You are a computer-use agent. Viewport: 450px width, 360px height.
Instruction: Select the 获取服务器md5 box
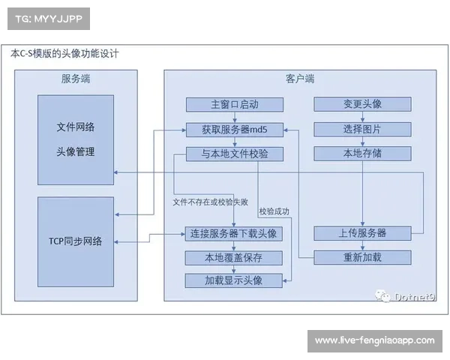pyautogui.click(x=234, y=129)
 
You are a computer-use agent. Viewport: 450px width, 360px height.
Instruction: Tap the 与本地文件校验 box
pyautogui.click(x=234, y=154)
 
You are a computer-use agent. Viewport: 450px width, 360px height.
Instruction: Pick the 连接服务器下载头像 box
pyautogui.click(x=234, y=233)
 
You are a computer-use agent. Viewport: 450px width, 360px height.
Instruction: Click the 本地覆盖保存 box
pyautogui.click(x=234, y=257)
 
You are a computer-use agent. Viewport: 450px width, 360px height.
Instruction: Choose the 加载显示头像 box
pyautogui.click(x=234, y=280)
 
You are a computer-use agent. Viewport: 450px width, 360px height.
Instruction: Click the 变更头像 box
pyautogui.click(x=362, y=104)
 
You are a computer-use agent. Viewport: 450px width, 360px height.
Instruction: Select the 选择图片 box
pyautogui.click(x=362, y=129)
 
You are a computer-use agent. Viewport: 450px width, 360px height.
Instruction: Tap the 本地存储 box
pyautogui.click(x=362, y=154)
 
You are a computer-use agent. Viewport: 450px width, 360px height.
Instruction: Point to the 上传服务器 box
pyautogui.click(x=362, y=233)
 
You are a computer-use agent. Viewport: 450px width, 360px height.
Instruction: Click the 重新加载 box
pyautogui.click(x=362, y=257)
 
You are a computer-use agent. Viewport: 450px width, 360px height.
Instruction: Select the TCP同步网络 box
pyautogui.click(x=76, y=241)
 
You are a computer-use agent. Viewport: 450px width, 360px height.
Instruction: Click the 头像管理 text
pyautogui.click(x=76, y=151)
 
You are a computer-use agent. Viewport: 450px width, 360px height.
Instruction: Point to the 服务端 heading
pyautogui.click(x=76, y=79)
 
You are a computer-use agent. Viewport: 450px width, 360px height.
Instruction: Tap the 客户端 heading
pyautogui.click(x=300, y=79)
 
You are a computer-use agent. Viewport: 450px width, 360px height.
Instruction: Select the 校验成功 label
pyautogui.click(x=273, y=211)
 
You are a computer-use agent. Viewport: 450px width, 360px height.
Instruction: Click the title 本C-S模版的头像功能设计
pyautogui.click(x=64, y=54)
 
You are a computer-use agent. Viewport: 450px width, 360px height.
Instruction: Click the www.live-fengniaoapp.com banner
pyautogui.click(x=374, y=341)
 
